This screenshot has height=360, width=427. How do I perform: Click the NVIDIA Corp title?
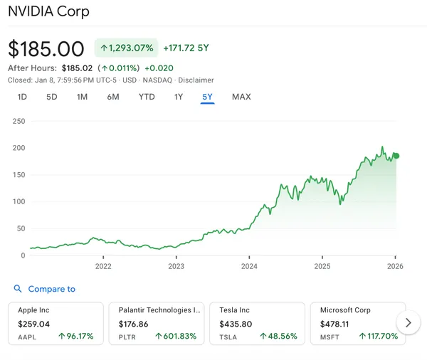[48, 12]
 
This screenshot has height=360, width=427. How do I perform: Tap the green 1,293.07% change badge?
[126, 48]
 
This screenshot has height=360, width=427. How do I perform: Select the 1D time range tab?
[22, 97]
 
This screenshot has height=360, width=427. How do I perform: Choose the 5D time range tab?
[51, 97]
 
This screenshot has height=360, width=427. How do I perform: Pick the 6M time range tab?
[112, 97]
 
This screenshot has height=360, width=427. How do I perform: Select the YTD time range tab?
[147, 97]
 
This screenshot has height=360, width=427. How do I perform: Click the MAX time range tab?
[241, 97]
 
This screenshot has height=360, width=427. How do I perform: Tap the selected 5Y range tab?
[207, 97]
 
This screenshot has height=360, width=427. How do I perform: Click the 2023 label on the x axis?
[176, 267]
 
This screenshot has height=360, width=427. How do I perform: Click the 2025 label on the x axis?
[322, 267]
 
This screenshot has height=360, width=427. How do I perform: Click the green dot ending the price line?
[396, 156]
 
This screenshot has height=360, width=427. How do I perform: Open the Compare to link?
[51, 289]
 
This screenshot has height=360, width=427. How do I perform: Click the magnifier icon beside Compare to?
[18, 289]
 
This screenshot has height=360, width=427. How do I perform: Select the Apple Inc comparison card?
[56, 323]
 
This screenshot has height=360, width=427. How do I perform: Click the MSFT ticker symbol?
[330, 336]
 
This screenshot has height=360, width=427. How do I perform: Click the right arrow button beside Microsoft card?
[408, 322]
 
